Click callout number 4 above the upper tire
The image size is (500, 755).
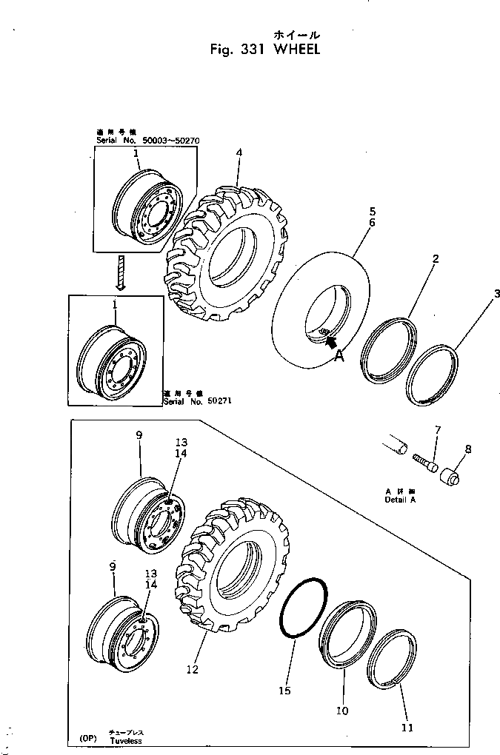pos(239,153)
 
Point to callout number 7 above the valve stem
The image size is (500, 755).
pos(437,430)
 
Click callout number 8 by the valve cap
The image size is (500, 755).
pos(467,449)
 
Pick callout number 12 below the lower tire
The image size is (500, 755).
pos(192,670)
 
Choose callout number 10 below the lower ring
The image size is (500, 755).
pos(342,711)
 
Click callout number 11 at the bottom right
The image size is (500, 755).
pos(407,728)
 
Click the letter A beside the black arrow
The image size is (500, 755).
pos(339,355)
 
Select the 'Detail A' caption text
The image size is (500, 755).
pos(400,500)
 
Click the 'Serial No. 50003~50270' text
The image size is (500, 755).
pos(147,140)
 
